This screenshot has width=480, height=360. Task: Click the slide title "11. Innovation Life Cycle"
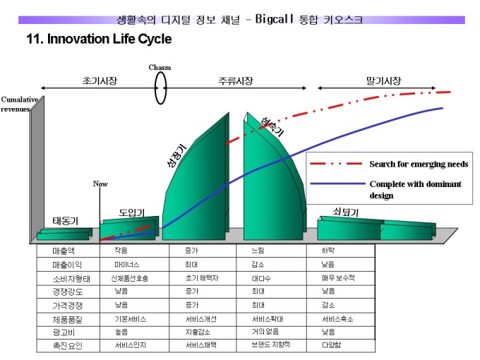pyautogui.click(x=98, y=40)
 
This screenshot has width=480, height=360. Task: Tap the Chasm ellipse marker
pyautogui.click(x=161, y=88)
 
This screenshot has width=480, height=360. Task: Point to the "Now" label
pyautogui.click(x=100, y=184)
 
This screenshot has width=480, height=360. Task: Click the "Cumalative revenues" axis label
pyautogui.click(x=19, y=104)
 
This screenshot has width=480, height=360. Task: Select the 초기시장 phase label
pyautogui.click(x=100, y=81)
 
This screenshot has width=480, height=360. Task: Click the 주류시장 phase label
pyautogui.click(x=236, y=81)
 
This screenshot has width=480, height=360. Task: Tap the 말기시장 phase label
pyautogui.click(x=383, y=81)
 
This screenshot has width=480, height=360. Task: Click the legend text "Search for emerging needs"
pyautogui.click(x=419, y=164)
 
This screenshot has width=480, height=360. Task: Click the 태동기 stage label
pyautogui.click(x=66, y=221)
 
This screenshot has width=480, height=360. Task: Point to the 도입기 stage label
pyautogui.click(x=131, y=212)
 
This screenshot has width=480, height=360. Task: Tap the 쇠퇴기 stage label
pyautogui.click(x=346, y=212)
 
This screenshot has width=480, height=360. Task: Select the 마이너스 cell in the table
pyautogui.click(x=127, y=265)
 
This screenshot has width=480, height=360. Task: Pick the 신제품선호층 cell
pyautogui.click(x=130, y=278)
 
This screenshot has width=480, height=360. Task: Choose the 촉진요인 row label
pyautogui.click(x=67, y=345)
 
